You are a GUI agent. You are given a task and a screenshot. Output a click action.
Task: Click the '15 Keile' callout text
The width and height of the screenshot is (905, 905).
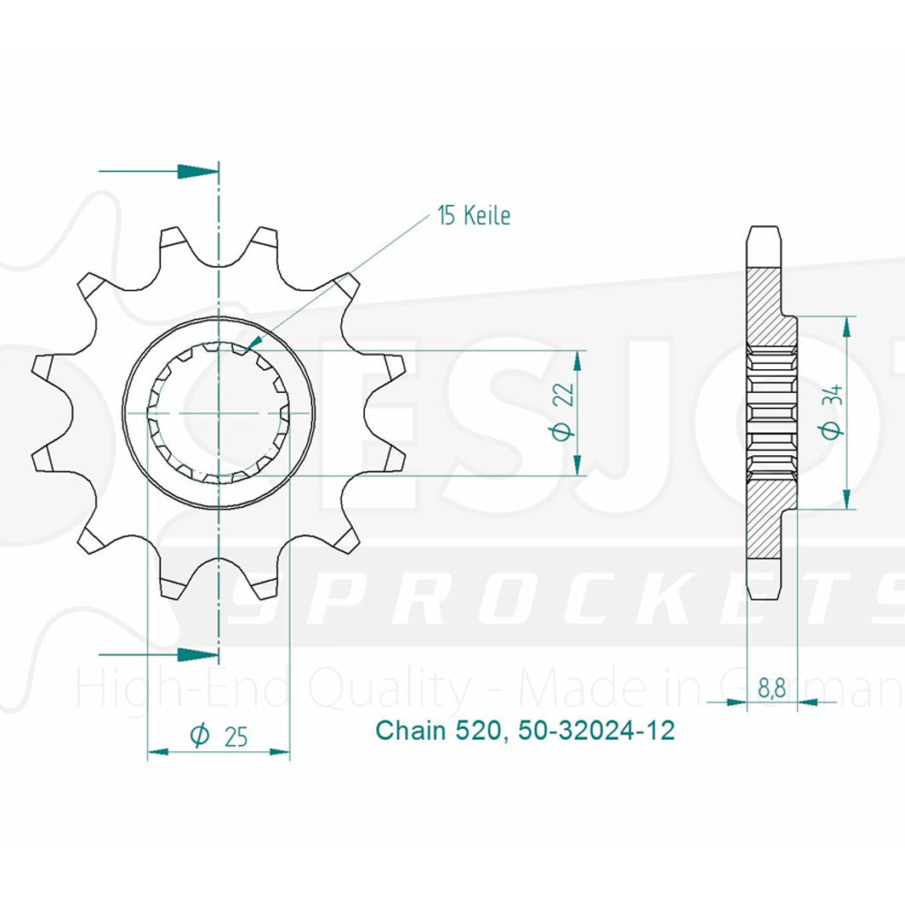click(x=475, y=216)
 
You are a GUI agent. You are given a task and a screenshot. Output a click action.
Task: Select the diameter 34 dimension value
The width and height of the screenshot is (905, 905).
click(x=833, y=412)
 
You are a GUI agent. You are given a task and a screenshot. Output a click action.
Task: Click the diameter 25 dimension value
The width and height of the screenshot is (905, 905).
click(x=219, y=737)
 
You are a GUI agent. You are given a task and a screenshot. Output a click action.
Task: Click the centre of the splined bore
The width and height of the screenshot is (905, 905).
click(x=219, y=413)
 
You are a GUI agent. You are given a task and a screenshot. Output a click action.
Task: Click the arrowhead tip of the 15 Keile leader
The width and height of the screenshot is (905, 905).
click(x=246, y=350)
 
